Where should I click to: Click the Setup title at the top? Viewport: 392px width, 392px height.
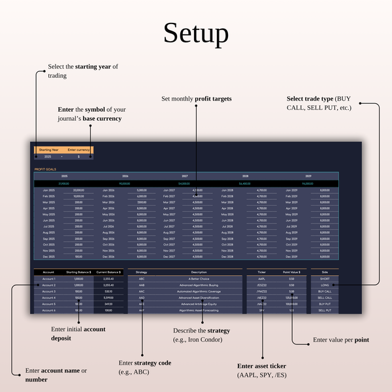point(196,33)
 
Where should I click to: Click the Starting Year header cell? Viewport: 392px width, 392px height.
point(48,150)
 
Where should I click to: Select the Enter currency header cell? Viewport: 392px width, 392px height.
point(78,150)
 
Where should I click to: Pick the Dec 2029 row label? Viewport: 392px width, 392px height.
point(291,256)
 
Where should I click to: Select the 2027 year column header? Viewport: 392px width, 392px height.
point(185,176)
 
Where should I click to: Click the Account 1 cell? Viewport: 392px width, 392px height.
point(49,279)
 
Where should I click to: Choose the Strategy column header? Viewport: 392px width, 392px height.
point(142,272)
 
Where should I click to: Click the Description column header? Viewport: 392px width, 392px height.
point(199,272)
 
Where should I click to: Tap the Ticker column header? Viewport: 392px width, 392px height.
point(262,272)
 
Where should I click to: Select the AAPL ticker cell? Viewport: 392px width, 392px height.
point(262,279)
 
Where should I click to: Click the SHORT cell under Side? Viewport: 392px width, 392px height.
point(325,279)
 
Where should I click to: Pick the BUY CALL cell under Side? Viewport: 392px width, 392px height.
point(325,291)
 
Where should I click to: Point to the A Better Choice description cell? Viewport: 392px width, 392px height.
point(199,279)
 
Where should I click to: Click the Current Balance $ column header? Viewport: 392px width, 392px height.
point(108,272)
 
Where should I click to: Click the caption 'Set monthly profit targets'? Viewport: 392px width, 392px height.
point(197,99)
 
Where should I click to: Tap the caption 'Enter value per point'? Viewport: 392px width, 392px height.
point(340,340)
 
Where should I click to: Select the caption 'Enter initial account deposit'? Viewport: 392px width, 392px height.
point(78,333)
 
